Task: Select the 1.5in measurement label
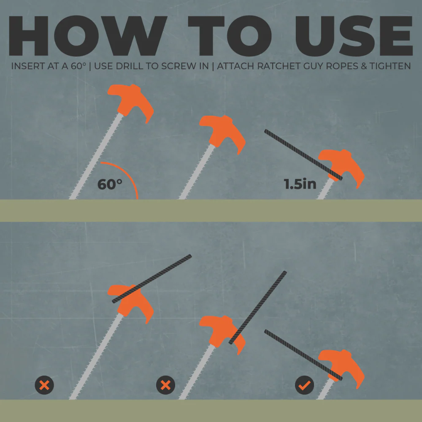tap(300, 184)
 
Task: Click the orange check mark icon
tap(305, 385)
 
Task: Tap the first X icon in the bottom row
tap(44, 385)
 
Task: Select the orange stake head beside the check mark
tap(344, 365)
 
